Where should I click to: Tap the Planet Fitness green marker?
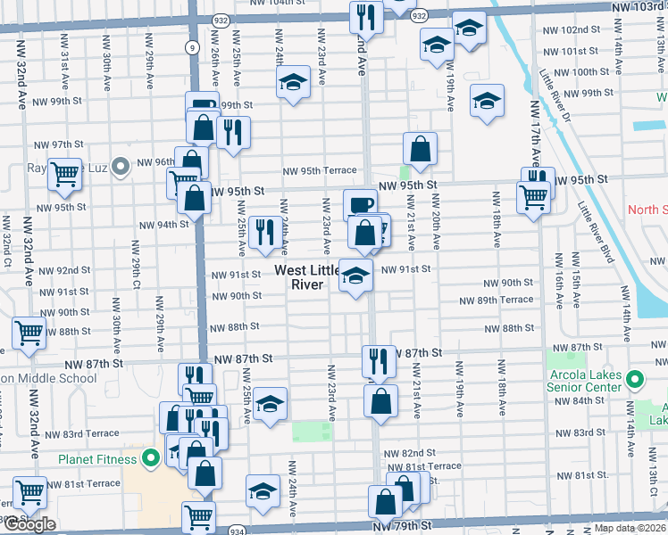151,459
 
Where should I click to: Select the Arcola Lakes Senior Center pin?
635,381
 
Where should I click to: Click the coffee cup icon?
360,204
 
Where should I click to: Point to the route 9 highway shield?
192,48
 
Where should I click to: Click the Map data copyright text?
630,528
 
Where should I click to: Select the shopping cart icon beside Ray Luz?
64,175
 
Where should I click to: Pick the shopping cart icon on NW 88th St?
29,332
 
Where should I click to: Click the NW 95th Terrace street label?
320,171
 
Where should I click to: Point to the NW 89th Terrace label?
497,300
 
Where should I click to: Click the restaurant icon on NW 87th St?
379,359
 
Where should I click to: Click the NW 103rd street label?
639,6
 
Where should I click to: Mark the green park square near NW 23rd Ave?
311,432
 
